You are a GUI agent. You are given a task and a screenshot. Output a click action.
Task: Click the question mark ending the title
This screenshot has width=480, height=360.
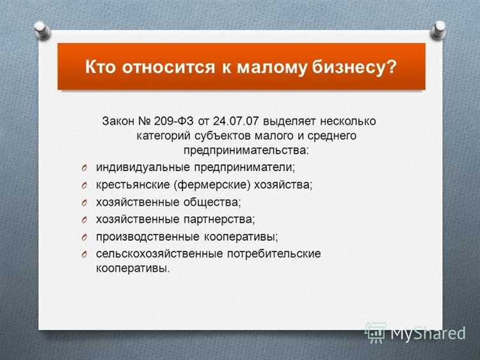pyautogui.click(x=390, y=67)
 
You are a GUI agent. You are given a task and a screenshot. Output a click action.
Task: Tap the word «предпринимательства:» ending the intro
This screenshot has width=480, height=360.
pyautogui.click(x=245, y=151)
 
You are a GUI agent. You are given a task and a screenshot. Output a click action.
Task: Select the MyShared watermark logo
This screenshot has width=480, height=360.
pyautogui.click(x=416, y=332)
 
